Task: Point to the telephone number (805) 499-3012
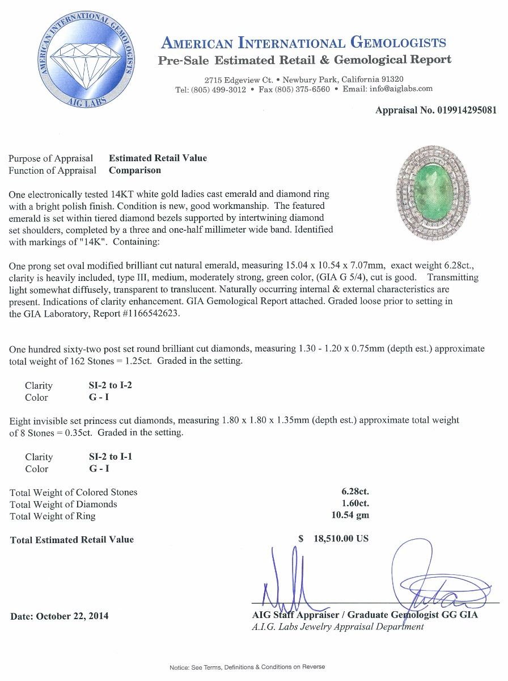coord(218,89)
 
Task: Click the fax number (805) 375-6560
coord(302,89)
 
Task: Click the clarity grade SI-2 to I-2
coord(107,385)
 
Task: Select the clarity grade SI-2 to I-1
coord(107,456)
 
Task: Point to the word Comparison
coord(135,170)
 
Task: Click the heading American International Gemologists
coord(304,43)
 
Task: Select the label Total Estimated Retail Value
coord(72,540)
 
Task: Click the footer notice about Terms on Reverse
coord(247,667)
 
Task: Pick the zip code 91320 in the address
coord(391,79)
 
